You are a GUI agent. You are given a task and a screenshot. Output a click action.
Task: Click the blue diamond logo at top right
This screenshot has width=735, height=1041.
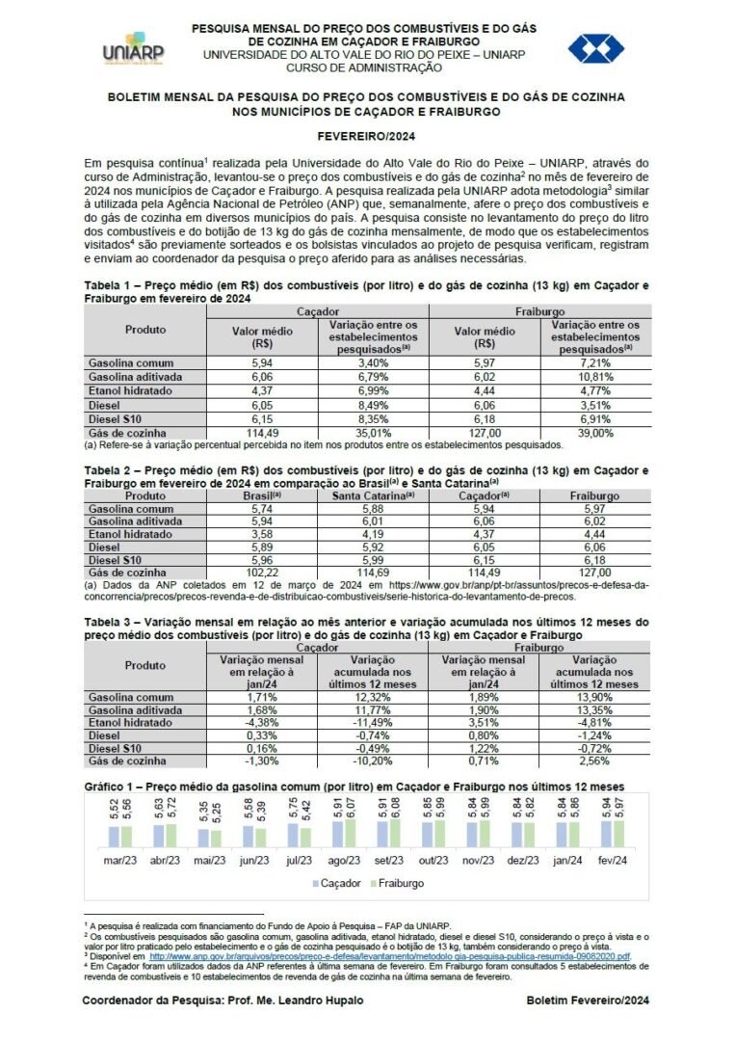point(595,48)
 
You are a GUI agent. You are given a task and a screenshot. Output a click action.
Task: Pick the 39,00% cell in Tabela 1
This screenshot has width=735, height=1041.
point(593,433)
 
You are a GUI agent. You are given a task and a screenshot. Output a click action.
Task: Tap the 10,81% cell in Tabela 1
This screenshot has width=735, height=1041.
point(593,376)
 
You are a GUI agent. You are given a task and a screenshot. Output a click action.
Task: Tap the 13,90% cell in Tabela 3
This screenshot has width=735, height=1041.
point(593,696)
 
